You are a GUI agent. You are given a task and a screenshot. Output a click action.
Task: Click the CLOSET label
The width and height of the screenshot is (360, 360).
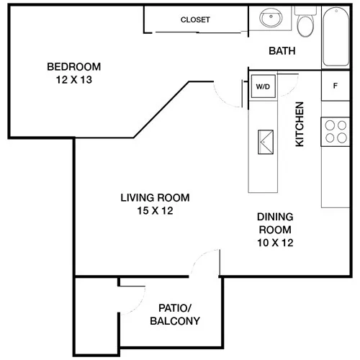[x=195, y=19]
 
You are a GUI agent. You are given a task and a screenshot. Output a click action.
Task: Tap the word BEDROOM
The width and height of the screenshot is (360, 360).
[x=74, y=67]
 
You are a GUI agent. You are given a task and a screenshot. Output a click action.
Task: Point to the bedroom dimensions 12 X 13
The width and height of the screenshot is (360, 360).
[x=74, y=80]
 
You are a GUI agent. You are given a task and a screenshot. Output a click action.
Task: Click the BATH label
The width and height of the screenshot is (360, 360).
[x=282, y=51]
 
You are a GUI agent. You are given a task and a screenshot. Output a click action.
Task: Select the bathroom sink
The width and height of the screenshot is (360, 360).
[x=271, y=18]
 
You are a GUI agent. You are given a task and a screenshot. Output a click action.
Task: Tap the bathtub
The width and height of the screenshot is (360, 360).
[x=336, y=37]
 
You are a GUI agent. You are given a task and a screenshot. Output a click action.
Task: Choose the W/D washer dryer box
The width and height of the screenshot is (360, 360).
[x=263, y=86]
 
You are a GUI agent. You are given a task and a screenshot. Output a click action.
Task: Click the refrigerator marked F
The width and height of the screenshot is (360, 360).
[x=336, y=86]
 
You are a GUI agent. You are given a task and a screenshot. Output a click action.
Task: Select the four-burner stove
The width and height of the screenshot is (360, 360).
[x=336, y=132]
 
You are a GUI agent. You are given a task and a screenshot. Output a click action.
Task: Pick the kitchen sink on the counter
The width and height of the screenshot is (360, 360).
[x=266, y=142]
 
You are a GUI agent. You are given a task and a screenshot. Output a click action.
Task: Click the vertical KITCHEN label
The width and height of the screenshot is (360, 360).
[x=300, y=124]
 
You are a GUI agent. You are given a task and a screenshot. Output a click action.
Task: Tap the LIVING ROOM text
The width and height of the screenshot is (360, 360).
[x=155, y=198]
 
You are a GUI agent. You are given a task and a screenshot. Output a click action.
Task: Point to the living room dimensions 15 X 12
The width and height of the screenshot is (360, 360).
[x=155, y=211]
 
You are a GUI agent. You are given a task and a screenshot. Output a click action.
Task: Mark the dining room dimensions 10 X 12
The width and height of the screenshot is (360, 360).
[x=275, y=243]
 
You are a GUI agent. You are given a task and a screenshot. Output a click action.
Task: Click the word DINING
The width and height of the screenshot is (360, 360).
[x=275, y=217]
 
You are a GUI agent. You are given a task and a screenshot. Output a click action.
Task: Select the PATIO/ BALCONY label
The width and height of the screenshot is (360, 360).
[x=175, y=315]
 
